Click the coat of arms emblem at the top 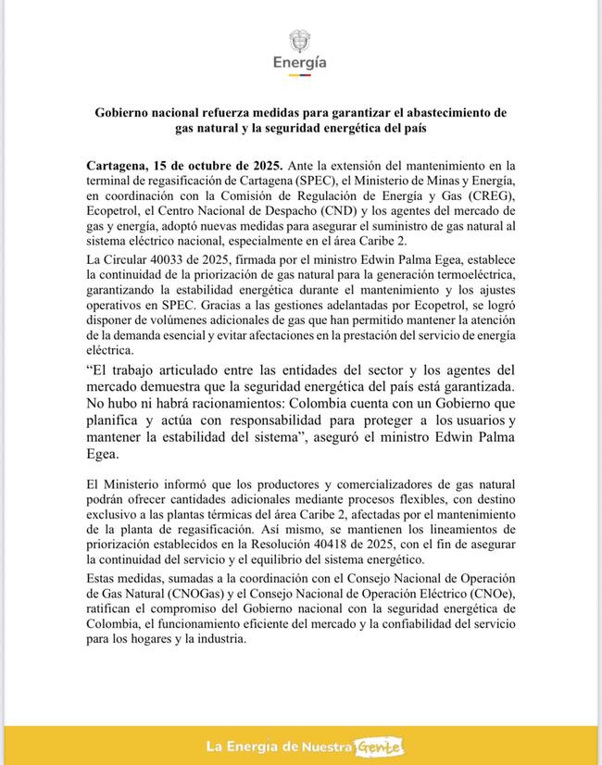[x=300, y=41]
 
